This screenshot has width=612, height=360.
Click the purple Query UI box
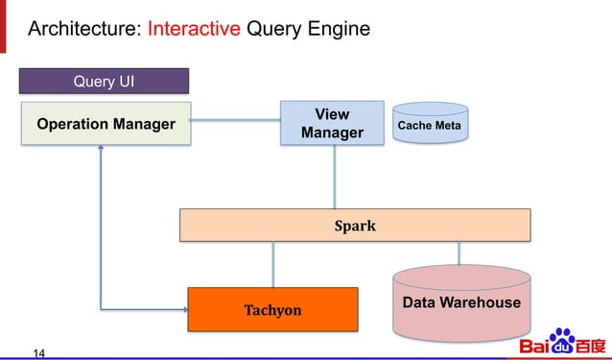click(x=105, y=82)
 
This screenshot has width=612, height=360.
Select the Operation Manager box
click(x=106, y=124)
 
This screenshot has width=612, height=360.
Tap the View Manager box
click(x=332, y=124)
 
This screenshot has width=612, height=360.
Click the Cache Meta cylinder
click(x=429, y=126)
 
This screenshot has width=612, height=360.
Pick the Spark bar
click(x=355, y=226)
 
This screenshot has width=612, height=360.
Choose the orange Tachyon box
click(x=272, y=309)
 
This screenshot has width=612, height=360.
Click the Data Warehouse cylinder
click(x=461, y=303)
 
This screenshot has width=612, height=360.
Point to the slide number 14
click(x=39, y=352)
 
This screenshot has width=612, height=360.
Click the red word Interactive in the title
click(x=194, y=29)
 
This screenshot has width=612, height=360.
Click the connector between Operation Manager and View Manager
click(x=236, y=120)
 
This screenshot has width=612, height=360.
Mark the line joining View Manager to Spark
click(x=334, y=177)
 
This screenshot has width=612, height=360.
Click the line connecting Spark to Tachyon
click(x=273, y=264)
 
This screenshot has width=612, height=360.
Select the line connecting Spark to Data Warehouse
click(x=459, y=252)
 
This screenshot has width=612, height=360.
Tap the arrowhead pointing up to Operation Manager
click(x=100, y=151)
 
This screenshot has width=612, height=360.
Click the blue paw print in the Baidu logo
click(x=560, y=339)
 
